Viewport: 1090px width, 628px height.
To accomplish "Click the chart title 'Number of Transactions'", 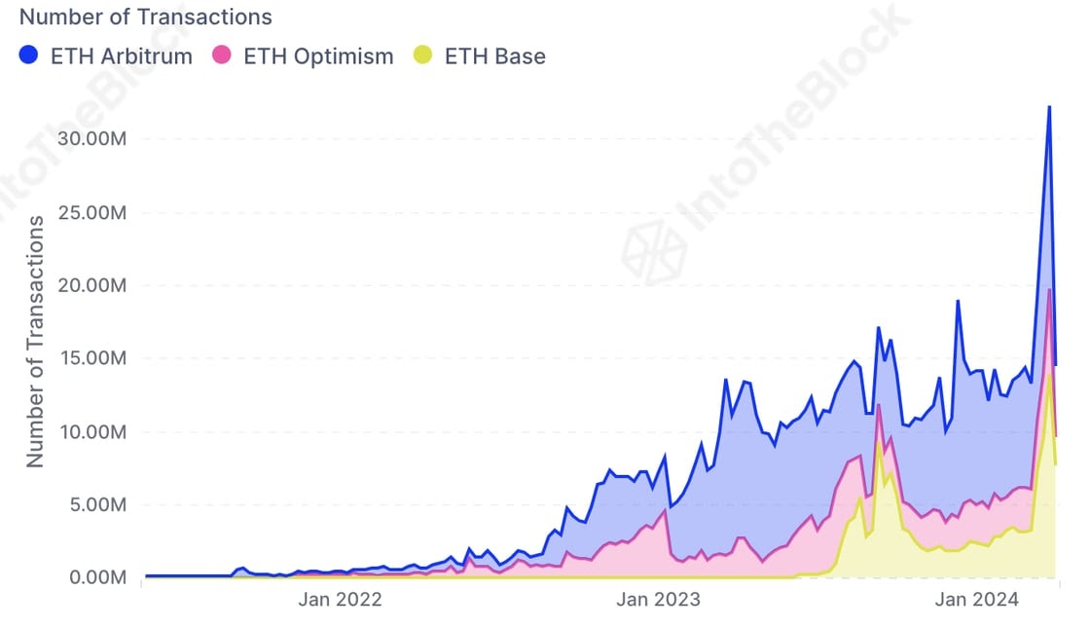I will pyautogui.click(x=146, y=17).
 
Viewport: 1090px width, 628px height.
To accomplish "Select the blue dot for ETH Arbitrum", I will pyautogui.click(x=29, y=55).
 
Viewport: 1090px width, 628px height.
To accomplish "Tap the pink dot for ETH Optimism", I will pyautogui.click(x=222, y=55).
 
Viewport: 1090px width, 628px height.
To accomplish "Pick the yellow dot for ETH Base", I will pyautogui.click(x=423, y=55).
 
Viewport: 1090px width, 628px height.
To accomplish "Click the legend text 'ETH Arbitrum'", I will pyautogui.click(x=121, y=55).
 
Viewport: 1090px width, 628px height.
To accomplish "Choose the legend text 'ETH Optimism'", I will pyautogui.click(x=318, y=55).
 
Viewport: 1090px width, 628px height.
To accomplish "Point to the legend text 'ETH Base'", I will pyautogui.click(x=494, y=55).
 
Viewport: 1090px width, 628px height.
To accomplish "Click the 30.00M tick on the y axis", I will pyautogui.click(x=91, y=138).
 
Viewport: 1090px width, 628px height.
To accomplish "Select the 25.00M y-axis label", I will pyautogui.click(x=91, y=212).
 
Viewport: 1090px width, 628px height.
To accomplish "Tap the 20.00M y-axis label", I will pyautogui.click(x=91, y=285).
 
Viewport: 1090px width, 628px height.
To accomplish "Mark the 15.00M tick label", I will pyautogui.click(x=91, y=358).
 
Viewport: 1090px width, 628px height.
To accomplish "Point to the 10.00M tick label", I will pyautogui.click(x=91, y=431).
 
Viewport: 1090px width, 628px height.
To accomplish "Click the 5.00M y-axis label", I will pyautogui.click(x=96, y=504).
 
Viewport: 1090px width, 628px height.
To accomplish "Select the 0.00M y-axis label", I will pyautogui.click(x=96, y=577).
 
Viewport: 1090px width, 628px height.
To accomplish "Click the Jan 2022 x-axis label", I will pyautogui.click(x=340, y=600).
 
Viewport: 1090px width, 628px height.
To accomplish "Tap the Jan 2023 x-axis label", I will pyautogui.click(x=658, y=600).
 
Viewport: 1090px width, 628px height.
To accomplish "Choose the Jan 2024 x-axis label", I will pyautogui.click(x=976, y=600).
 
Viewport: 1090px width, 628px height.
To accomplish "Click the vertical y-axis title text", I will pyautogui.click(x=36, y=341).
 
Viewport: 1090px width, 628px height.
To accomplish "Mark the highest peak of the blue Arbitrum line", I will pyautogui.click(x=1048, y=106).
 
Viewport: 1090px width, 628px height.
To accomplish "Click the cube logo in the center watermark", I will pyautogui.click(x=654, y=252).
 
